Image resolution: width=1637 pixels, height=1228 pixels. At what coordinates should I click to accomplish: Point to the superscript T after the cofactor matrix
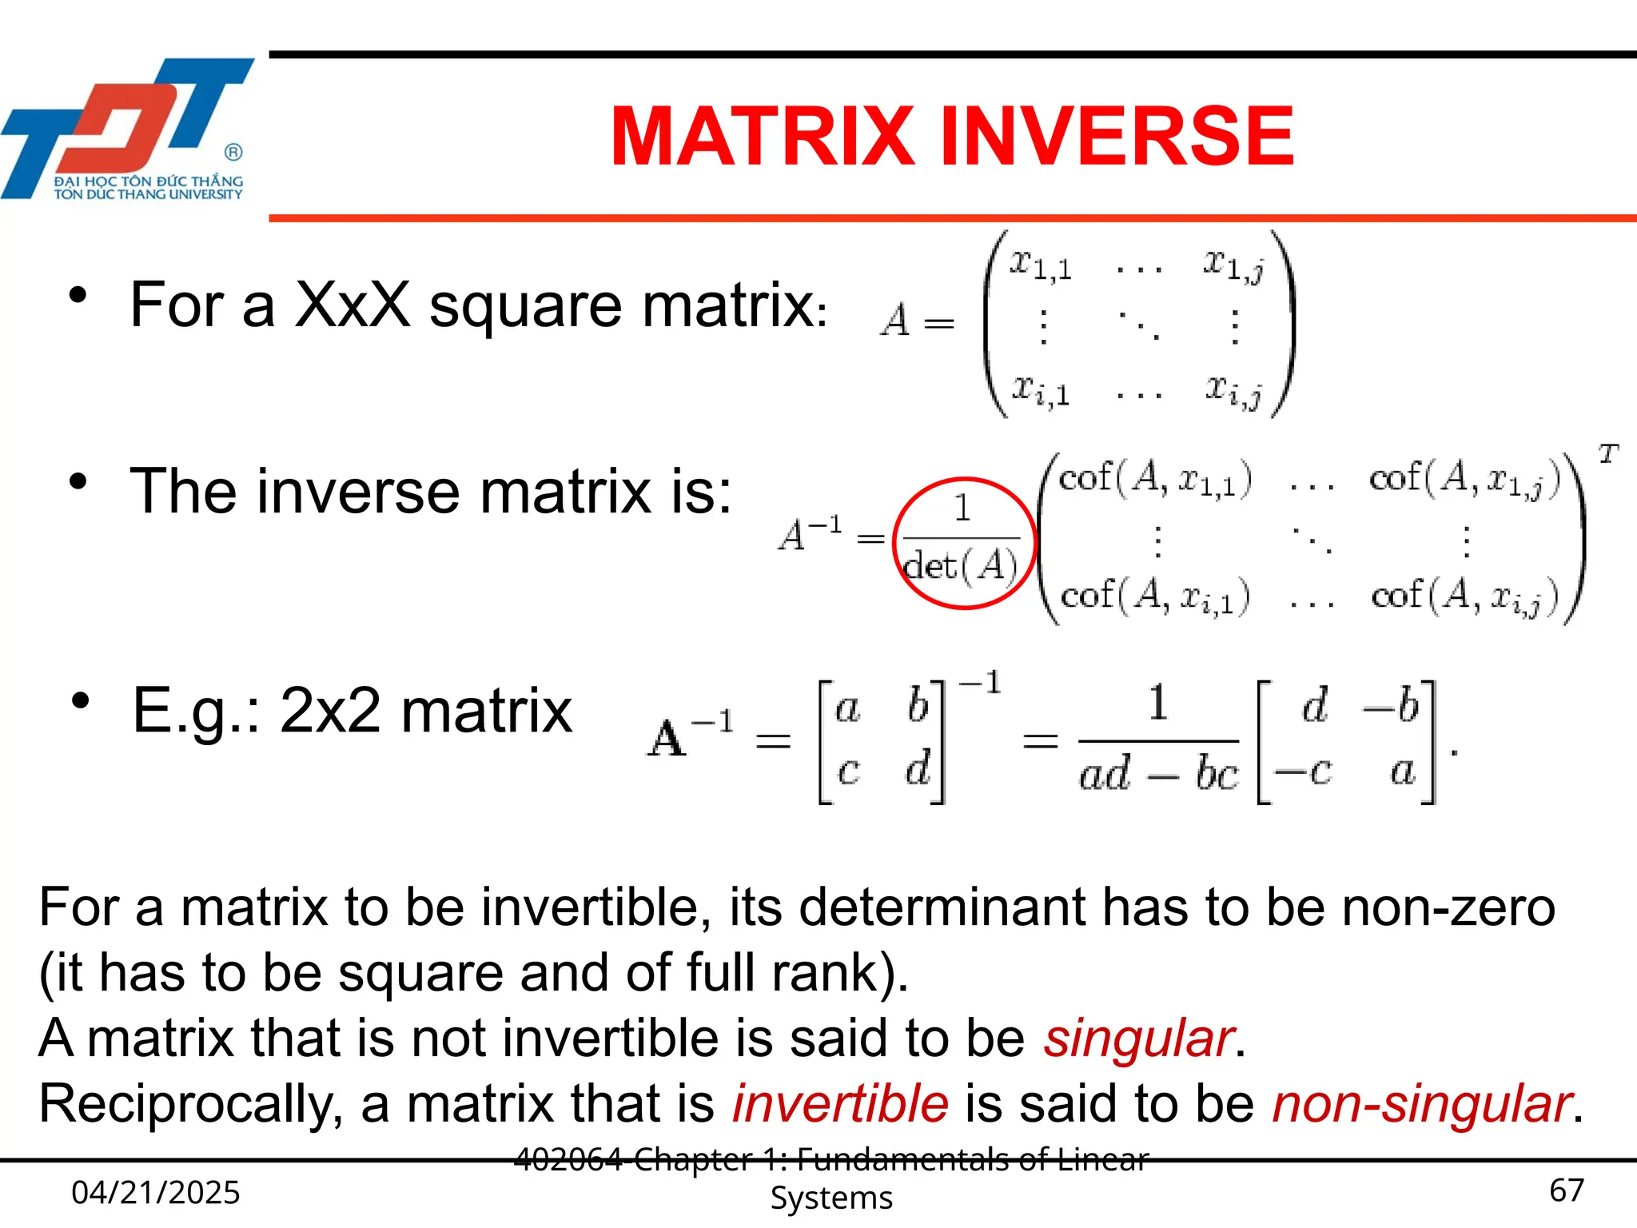pyautogui.click(x=1607, y=454)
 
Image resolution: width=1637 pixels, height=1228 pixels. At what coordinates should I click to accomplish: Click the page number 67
pyautogui.click(x=1566, y=1190)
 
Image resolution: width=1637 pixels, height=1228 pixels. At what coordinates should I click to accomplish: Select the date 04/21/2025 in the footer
pyautogui.click(x=156, y=1192)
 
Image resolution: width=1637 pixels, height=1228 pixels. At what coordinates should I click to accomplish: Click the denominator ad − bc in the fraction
pyautogui.click(x=1158, y=773)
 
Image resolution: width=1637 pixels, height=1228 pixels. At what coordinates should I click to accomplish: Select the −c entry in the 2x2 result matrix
pyautogui.click(x=1304, y=771)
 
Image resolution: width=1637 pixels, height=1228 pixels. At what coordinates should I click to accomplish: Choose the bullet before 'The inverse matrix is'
pyautogui.click(x=78, y=481)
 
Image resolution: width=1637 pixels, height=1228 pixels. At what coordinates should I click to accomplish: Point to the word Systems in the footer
pyautogui.click(x=831, y=1198)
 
